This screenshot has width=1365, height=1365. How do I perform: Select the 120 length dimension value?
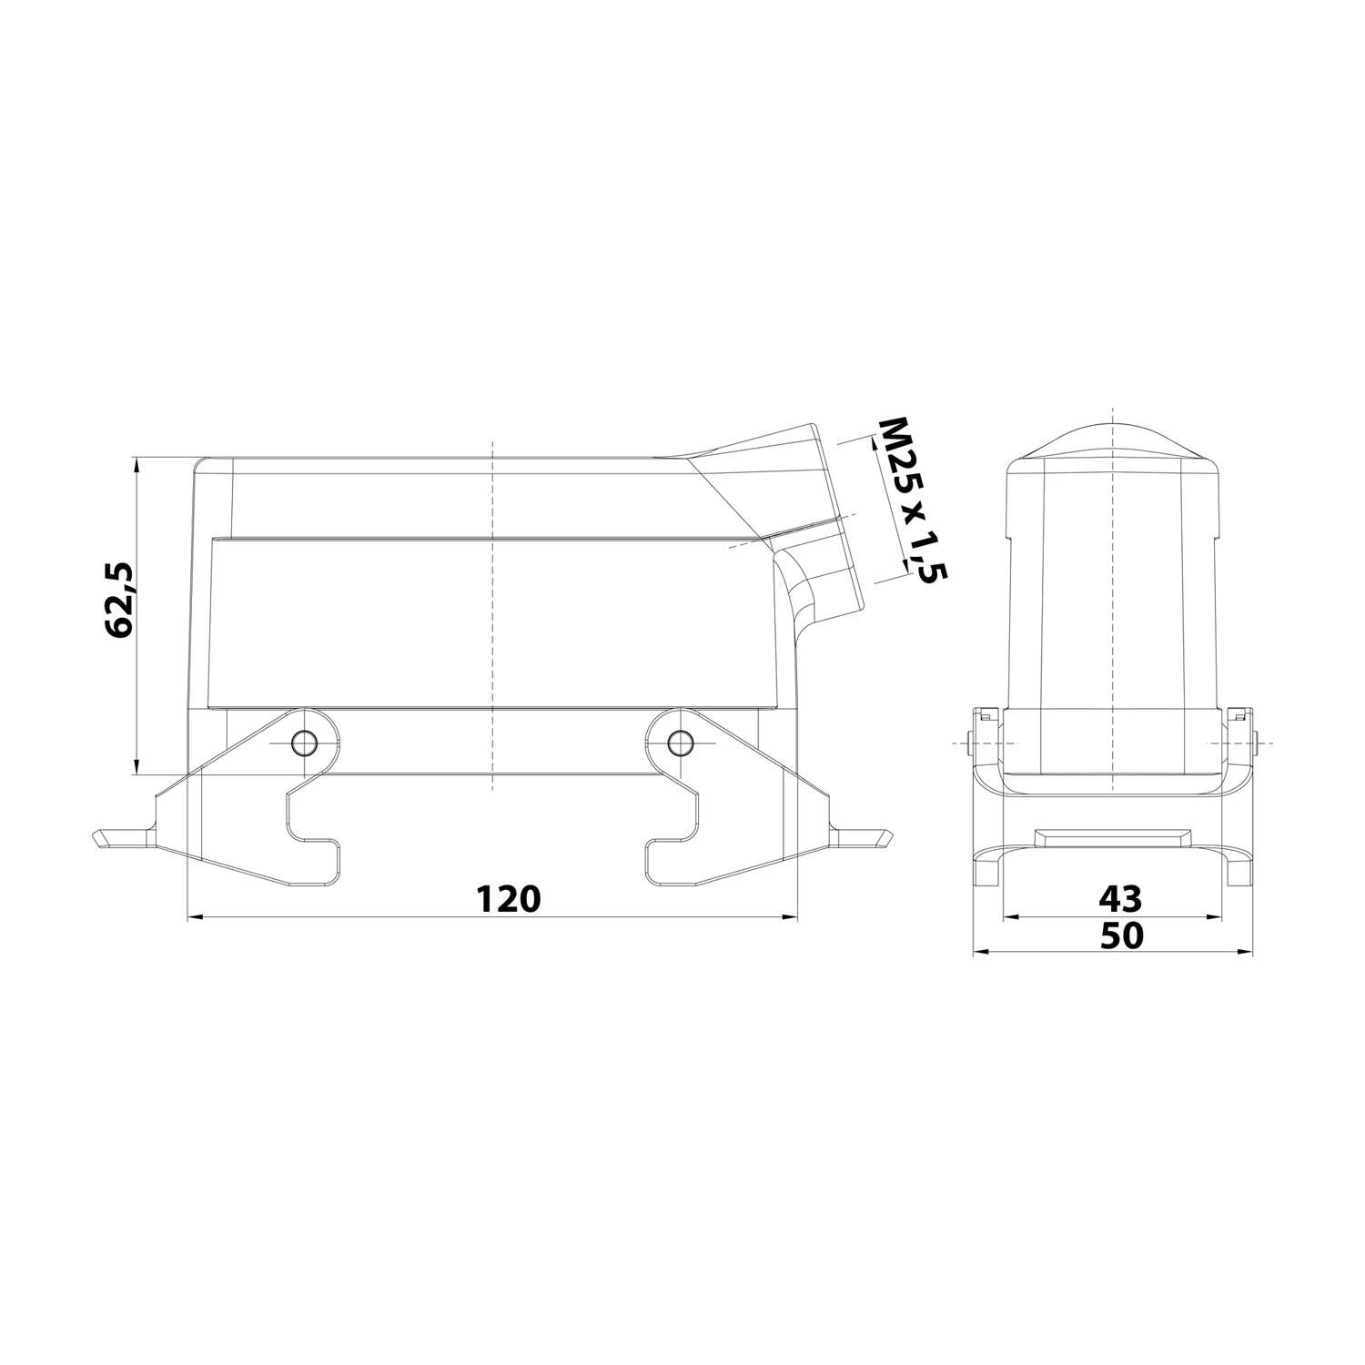[x=509, y=898]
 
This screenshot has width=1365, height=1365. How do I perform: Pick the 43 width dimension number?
[x=1119, y=899]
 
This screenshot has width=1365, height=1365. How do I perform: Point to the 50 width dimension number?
[x=1120, y=935]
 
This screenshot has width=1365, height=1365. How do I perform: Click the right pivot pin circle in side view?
[x=677, y=743]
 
